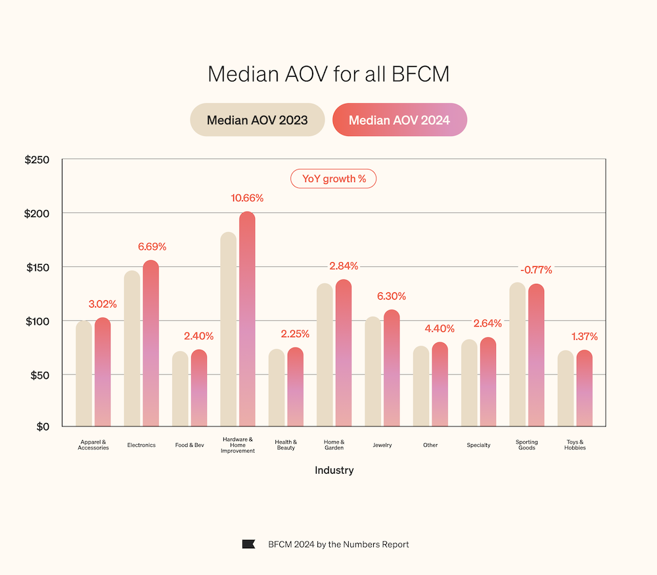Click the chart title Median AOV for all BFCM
point(328,74)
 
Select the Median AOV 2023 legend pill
point(258,120)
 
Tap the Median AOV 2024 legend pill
point(399,120)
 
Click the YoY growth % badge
point(334,179)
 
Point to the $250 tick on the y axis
point(37,160)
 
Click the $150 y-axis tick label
point(37,267)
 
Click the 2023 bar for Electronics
point(132,348)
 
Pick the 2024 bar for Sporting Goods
point(536,355)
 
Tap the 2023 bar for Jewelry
point(373,371)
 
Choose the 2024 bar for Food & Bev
point(199,388)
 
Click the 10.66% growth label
point(247,198)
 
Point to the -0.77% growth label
point(536,270)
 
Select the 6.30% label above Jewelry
point(392,296)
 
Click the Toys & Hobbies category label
point(575,445)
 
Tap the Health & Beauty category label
point(286,445)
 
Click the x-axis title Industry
point(334,471)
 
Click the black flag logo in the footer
point(248,544)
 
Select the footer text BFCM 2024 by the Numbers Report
point(338,544)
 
